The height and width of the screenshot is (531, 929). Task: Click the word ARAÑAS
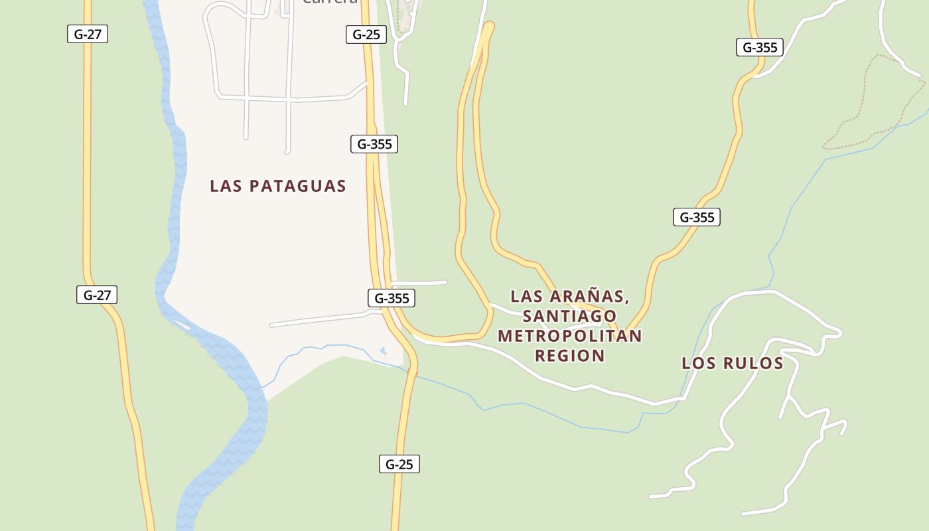click(x=592, y=295)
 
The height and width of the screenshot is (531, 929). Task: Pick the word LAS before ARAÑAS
click(x=526, y=295)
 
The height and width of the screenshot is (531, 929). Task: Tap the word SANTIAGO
click(x=570, y=315)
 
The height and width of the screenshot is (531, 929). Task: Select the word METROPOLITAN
click(x=570, y=335)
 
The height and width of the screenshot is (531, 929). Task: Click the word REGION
click(x=570, y=355)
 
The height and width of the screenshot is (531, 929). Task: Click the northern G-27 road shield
click(x=88, y=34)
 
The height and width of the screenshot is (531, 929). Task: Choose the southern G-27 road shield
click(x=97, y=295)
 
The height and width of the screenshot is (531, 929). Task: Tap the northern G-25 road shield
click(x=366, y=35)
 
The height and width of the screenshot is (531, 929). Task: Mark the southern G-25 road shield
click(x=399, y=464)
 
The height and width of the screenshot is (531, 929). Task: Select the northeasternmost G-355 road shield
click(x=760, y=47)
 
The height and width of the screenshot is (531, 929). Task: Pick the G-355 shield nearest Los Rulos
click(x=697, y=217)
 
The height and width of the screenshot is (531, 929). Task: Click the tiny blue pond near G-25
click(x=383, y=350)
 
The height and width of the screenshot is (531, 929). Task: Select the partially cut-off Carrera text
click(x=330, y=2)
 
